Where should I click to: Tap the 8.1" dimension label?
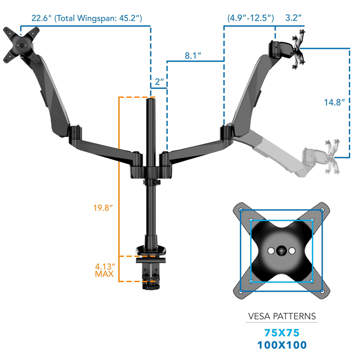(x=193, y=56)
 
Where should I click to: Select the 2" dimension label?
(x=159, y=82)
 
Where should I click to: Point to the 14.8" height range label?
(x=334, y=103)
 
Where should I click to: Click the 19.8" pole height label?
(x=103, y=208)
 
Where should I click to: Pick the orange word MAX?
(x=104, y=274)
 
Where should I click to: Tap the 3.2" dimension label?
(x=293, y=18)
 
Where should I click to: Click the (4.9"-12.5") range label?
(x=251, y=18)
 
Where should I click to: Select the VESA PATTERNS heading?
(x=282, y=316)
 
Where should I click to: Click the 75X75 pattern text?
(x=282, y=333)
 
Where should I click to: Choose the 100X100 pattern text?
(x=282, y=345)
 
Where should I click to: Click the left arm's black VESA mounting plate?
(x=21, y=45)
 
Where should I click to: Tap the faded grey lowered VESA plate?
(x=332, y=156)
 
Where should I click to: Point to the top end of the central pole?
(x=151, y=101)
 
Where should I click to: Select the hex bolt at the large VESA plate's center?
(x=281, y=251)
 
